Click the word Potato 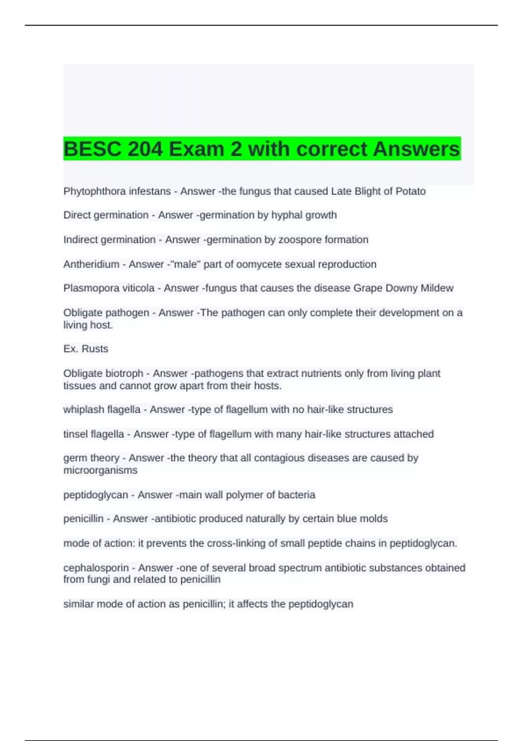click(411, 191)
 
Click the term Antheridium click(91, 264)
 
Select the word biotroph click(124, 374)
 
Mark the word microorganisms click(100, 470)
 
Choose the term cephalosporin click(96, 568)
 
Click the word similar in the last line click(78, 604)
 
